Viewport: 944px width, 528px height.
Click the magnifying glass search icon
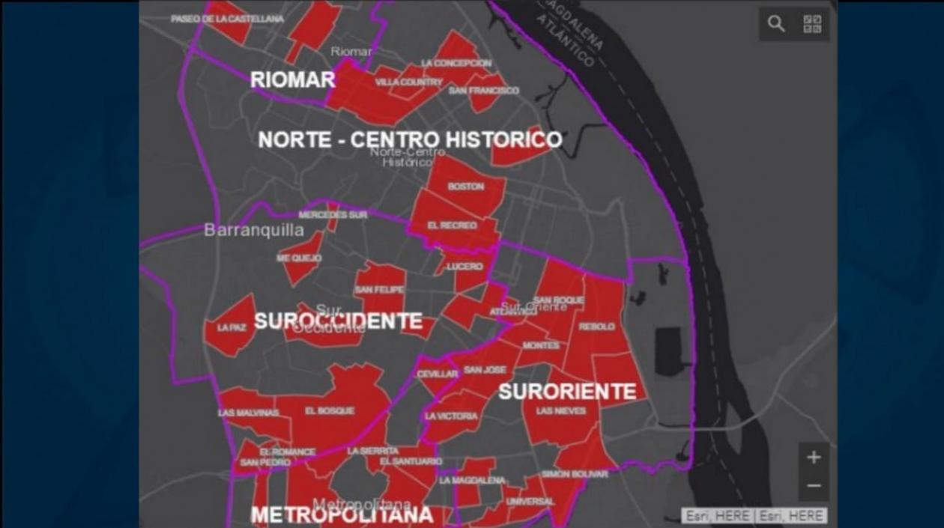click(776, 24)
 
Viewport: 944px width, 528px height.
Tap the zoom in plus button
click(814, 457)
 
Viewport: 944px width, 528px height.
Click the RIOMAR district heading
click(292, 80)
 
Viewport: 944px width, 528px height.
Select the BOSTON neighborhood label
click(466, 186)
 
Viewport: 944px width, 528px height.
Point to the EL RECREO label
click(452, 225)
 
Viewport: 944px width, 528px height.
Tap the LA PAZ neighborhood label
click(232, 328)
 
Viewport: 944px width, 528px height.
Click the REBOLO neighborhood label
click(596, 327)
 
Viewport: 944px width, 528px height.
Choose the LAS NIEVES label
click(561, 411)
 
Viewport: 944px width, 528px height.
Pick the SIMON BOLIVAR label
click(575, 474)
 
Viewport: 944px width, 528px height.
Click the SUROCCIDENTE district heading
click(338, 321)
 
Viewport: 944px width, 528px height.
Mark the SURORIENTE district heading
click(567, 391)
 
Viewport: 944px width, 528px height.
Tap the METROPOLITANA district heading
click(342, 515)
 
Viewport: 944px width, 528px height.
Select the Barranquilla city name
click(254, 230)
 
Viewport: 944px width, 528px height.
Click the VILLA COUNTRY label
click(408, 82)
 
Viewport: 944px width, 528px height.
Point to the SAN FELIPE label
click(379, 290)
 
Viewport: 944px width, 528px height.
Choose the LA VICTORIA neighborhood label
click(451, 416)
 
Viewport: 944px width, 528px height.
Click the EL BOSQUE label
click(330, 411)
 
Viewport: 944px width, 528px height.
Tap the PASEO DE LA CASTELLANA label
click(227, 19)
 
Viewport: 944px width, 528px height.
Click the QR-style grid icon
click(812, 24)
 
